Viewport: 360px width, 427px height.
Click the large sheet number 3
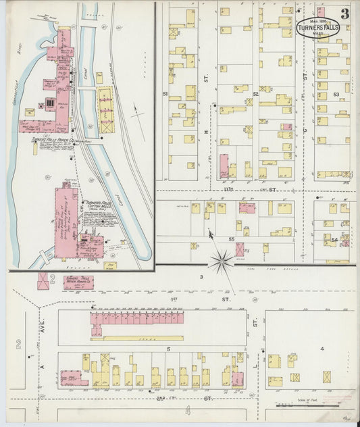(x=344, y=14)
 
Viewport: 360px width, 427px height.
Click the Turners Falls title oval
(x=317, y=28)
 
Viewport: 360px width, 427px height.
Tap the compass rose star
(x=221, y=259)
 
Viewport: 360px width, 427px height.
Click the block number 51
(x=164, y=94)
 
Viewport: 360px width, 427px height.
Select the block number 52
(x=256, y=94)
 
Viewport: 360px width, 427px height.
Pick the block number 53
(x=336, y=95)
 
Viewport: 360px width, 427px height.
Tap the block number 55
(x=231, y=240)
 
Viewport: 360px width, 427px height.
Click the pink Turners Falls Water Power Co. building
(x=78, y=282)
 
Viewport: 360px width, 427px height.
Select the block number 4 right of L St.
(x=323, y=349)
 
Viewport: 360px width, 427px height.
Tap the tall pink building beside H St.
(x=224, y=166)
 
